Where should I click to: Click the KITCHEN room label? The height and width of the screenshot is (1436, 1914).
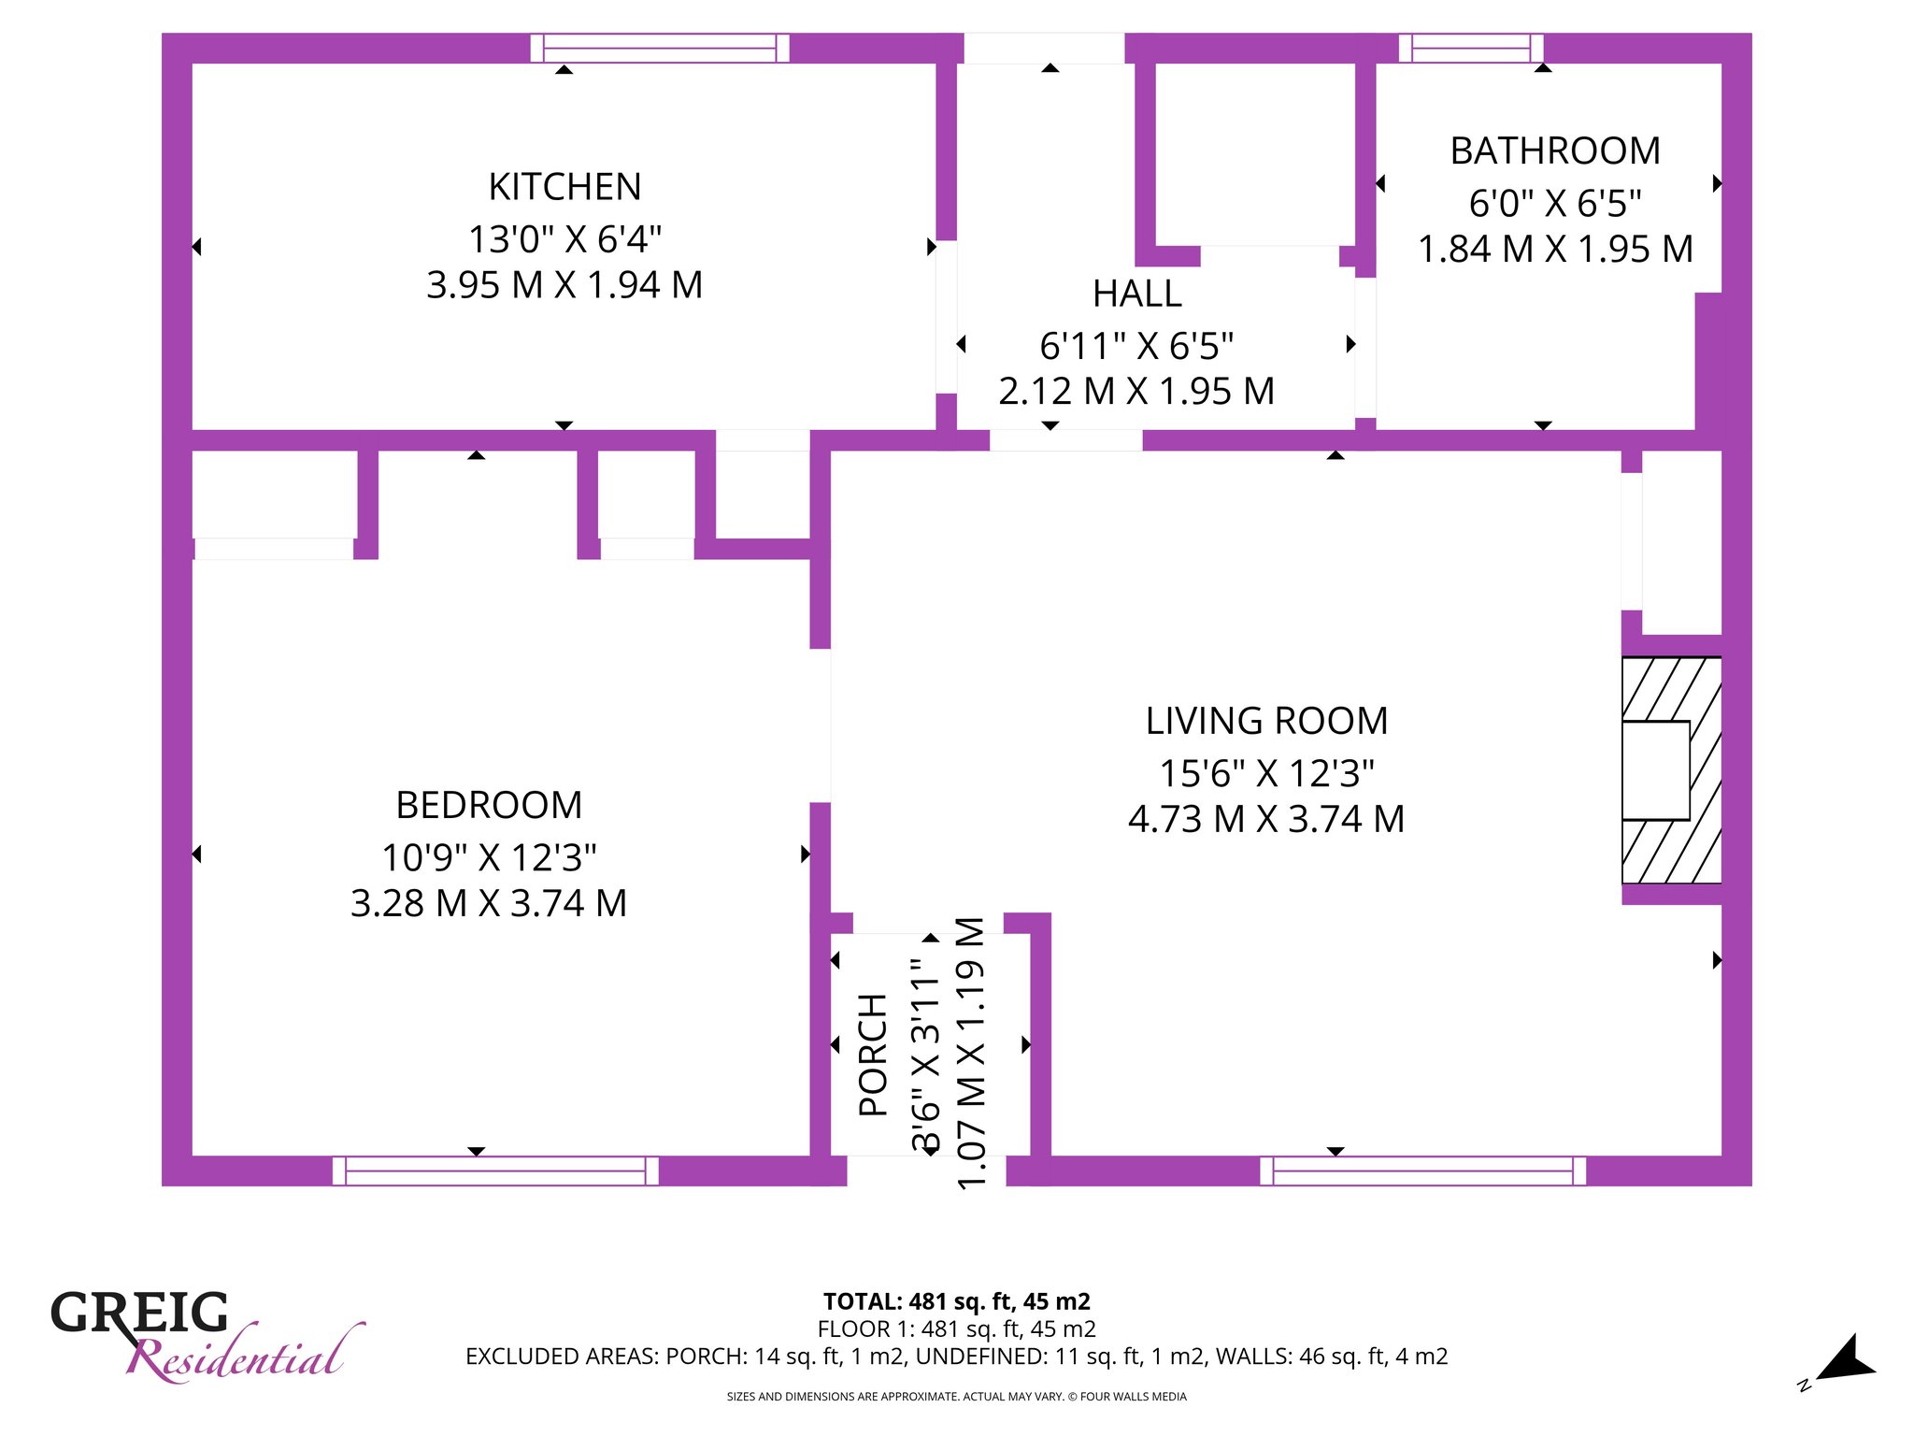(564, 187)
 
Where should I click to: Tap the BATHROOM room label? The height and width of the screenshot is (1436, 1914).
(1555, 151)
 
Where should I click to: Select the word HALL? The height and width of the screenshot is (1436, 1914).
(1136, 294)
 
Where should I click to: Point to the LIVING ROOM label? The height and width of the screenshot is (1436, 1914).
(1266, 721)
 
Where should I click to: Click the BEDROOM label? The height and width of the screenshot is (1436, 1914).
(489, 805)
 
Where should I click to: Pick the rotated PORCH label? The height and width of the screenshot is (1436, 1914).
(873, 1055)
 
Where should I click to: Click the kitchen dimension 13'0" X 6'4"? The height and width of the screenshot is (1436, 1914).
(564, 239)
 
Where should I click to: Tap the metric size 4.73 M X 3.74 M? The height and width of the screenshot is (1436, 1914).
(1266, 819)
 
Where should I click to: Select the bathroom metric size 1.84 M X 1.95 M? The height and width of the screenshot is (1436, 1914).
(1555, 250)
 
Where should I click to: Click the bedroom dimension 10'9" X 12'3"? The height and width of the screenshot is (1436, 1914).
(489, 857)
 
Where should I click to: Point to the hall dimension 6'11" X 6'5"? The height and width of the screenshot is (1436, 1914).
(1136, 346)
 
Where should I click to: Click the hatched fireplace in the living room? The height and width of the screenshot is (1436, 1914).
(1671, 770)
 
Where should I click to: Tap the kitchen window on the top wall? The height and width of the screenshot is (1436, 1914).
(660, 48)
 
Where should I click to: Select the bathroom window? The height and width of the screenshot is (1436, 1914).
(1471, 48)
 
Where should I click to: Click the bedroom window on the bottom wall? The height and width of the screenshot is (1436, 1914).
(495, 1170)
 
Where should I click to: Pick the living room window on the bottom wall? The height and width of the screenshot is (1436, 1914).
(1422, 1170)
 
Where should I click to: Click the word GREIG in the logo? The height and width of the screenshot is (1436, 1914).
(139, 1313)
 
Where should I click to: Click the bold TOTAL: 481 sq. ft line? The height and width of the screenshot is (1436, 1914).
(957, 1301)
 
